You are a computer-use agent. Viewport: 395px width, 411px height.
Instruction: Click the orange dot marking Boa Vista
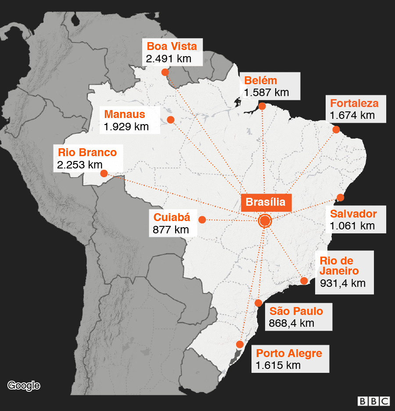(x=165, y=72)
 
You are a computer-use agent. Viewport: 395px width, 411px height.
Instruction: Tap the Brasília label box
(x=266, y=202)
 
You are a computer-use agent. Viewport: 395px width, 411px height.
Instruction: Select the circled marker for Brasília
(x=265, y=221)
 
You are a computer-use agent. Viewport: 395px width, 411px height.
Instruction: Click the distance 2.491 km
(x=169, y=58)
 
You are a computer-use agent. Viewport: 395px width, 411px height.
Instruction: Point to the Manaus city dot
(x=171, y=119)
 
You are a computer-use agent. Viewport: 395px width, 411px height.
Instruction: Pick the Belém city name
(x=261, y=81)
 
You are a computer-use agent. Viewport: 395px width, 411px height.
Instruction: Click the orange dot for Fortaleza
(x=336, y=129)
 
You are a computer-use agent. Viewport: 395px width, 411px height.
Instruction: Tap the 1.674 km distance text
(x=352, y=115)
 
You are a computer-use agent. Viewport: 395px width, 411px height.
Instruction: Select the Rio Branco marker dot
(x=104, y=174)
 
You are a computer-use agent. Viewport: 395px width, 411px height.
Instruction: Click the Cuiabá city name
(x=172, y=217)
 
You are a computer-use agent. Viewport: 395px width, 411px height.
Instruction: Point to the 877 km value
(x=171, y=229)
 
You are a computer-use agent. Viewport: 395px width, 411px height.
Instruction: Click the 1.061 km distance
(x=352, y=226)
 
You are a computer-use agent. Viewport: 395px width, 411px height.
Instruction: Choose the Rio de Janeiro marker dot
(x=304, y=281)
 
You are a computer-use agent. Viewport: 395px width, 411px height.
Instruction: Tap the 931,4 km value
(x=342, y=283)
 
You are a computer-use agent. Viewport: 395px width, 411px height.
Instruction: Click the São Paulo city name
(x=296, y=311)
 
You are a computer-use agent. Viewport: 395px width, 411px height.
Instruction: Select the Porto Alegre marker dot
(x=240, y=344)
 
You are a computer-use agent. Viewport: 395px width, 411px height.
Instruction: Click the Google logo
(x=24, y=386)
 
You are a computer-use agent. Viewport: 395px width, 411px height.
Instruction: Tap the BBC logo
(x=373, y=401)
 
